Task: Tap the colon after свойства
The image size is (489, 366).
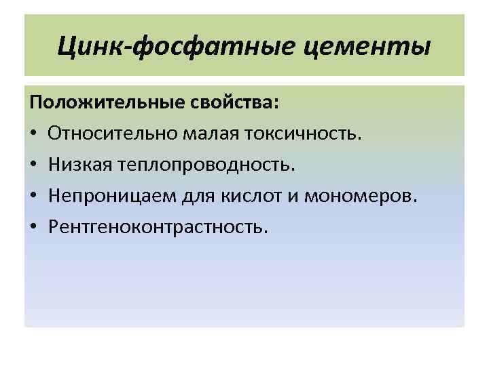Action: tap(275, 105)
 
